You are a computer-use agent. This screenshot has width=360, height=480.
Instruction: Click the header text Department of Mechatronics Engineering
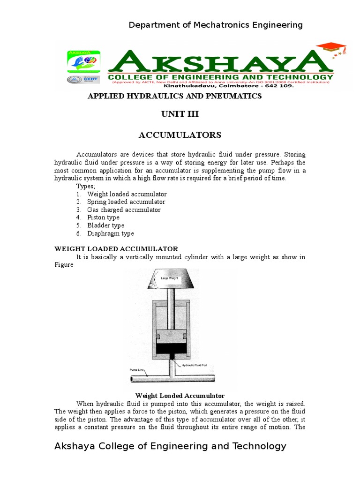[x=216, y=25]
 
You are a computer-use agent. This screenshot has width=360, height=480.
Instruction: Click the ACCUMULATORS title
[x=180, y=135]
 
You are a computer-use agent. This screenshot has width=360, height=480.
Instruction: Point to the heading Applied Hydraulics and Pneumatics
[x=175, y=96]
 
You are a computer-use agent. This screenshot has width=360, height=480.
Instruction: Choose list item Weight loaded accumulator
[x=127, y=194]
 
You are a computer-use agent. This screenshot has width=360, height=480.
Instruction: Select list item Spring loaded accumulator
[x=126, y=202]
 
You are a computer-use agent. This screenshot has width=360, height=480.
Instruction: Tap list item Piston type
[x=103, y=217]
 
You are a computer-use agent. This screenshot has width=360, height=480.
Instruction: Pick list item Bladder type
[x=105, y=225]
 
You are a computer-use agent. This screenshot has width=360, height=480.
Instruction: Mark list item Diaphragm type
[x=110, y=233]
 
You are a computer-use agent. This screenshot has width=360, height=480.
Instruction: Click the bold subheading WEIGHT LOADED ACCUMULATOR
[x=116, y=249]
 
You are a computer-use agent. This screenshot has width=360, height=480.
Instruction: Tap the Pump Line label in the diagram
[x=137, y=370]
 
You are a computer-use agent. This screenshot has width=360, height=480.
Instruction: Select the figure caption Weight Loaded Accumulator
[x=180, y=396]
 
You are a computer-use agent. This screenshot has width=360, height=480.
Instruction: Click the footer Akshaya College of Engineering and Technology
[x=170, y=446]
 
